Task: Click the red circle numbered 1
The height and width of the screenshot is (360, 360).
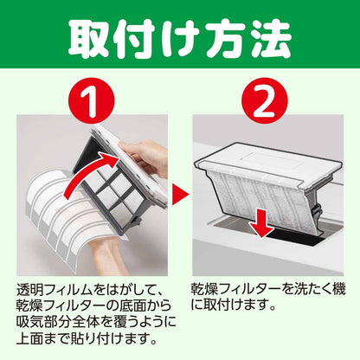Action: (92, 101)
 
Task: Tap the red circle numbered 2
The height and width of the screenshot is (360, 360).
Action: (265, 101)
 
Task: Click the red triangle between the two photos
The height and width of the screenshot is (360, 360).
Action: (180, 195)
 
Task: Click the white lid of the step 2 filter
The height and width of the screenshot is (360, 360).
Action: (267, 162)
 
